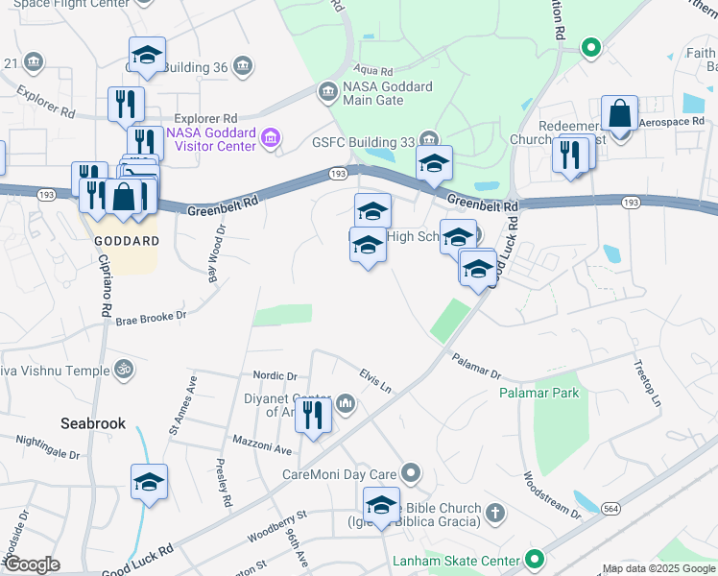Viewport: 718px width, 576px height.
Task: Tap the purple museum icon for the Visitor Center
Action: [x=272, y=139]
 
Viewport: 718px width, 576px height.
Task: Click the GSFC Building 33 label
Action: [x=365, y=141]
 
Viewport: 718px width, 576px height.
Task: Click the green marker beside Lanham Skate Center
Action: [x=535, y=559]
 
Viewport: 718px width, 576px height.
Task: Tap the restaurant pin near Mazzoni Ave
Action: [x=313, y=417]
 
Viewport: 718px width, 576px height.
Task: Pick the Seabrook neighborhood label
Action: [x=93, y=422]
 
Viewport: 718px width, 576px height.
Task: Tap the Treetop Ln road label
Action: [x=647, y=383]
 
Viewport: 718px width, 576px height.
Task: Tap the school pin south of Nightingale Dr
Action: [x=149, y=483]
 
